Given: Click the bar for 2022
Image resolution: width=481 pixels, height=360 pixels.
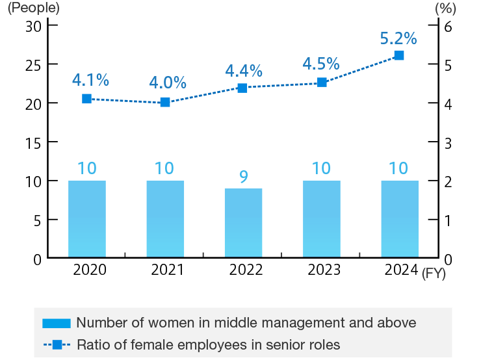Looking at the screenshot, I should (243, 223).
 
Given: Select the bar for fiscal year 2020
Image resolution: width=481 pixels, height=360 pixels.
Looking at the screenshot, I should (86, 219).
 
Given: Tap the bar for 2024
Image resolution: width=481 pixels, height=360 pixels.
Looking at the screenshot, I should (399, 219).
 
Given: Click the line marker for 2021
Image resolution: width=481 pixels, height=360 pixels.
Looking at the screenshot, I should (165, 102).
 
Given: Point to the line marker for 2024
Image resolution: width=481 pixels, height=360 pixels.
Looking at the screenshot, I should (399, 55).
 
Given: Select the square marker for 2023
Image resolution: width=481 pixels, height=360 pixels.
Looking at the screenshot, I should (322, 83).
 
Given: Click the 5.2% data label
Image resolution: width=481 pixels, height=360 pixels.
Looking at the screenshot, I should (398, 38).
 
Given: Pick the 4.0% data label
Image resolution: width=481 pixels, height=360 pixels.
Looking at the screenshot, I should (168, 83).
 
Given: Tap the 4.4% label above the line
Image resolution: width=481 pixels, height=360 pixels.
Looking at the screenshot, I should (243, 70).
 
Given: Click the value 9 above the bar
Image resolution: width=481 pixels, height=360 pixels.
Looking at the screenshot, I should (243, 177).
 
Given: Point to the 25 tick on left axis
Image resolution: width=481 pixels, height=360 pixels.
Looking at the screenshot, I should (33, 65).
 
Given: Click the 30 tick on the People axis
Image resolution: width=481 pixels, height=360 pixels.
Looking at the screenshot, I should (33, 26).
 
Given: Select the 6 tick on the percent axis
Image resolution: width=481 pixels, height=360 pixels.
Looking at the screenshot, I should (447, 26).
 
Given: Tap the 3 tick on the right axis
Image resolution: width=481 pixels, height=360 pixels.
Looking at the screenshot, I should (447, 142).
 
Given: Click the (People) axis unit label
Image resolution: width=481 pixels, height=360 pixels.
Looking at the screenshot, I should (33, 8).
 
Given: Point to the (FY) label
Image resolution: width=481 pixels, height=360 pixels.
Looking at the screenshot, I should (434, 274).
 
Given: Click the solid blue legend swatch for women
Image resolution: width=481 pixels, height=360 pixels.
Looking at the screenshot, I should (56, 323).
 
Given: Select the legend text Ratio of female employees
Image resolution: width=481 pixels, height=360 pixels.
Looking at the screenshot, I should (208, 344).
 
